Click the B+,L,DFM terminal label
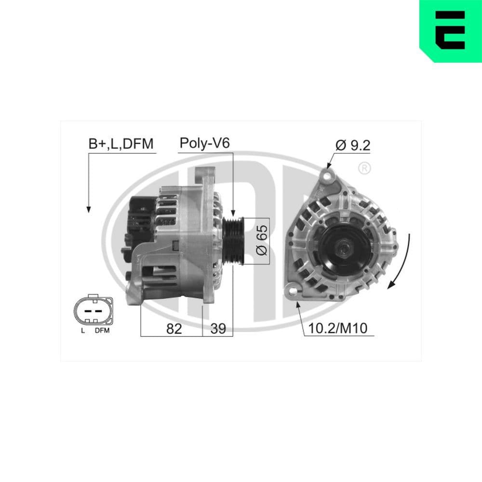click(x=120, y=144)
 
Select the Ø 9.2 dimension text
click(x=353, y=145)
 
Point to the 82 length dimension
click(x=174, y=329)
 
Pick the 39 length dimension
click(x=218, y=329)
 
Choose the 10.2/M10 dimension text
click(x=337, y=329)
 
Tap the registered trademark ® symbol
click(x=365, y=168)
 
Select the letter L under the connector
click(x=83, y=331)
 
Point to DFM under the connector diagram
click(x=102, y=331)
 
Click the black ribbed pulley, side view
click(x=234, y=241)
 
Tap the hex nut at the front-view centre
click(x=344, y=249)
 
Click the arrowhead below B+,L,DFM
click(x=88, y=208)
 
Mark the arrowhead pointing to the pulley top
click(x=233, y=213)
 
